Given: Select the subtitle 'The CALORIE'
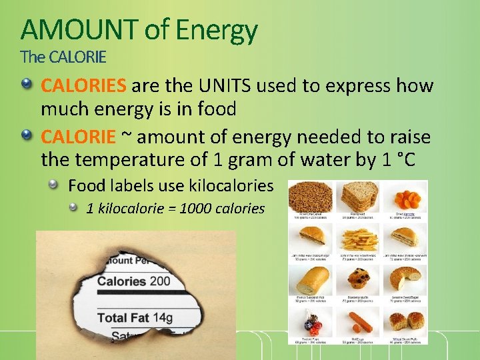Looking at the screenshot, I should click(63, 57).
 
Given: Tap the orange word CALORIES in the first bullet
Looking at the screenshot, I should click(83, 86).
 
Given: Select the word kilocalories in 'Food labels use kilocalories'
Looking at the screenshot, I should click(227, 185).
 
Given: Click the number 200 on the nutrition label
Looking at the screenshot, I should click(160, 281).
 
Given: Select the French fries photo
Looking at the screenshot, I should click(359, 237).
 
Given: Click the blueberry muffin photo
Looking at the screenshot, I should click(359, 277).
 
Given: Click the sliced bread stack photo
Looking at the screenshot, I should click(359, 196).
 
